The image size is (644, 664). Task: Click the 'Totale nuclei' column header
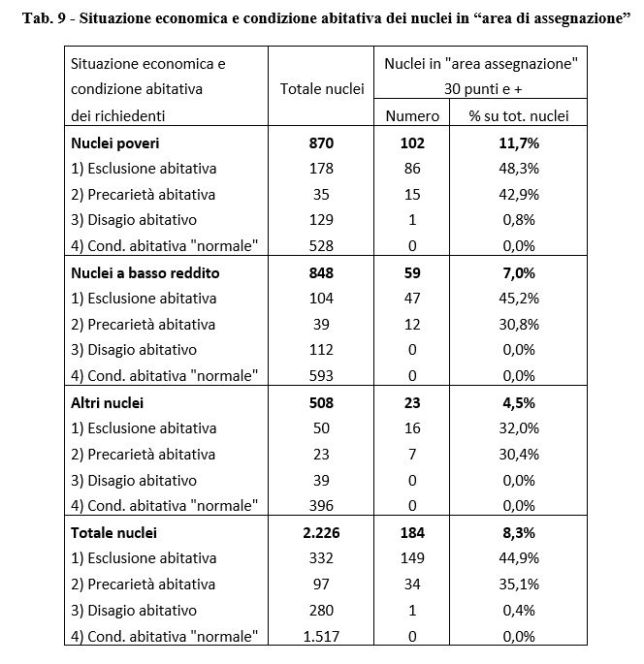click(x=321, y=89)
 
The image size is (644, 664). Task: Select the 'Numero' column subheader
click(x=412, y=115)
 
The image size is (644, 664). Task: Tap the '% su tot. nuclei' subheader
click(x=519, y=115)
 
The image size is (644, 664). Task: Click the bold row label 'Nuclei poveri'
click(x=115, y=142)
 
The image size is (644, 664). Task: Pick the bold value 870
click(x=321, y=142)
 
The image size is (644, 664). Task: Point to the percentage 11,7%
click(x=518, y=142)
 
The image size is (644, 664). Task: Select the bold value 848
click(x=321, y=272)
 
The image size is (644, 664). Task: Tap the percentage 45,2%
click(x=518, y=299)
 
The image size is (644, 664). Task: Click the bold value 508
click(x=321, y=402)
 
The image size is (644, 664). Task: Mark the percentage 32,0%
click(x=518, y=428)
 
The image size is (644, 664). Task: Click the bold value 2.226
click(x=321, y=532)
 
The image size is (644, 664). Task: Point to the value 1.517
click(x=321, y=636)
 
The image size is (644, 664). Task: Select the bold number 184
click(x=412, y=532)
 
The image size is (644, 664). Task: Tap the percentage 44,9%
click(x=518, y=558)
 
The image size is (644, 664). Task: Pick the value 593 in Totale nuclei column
click(x=321, y=376)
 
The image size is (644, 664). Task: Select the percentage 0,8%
click(x=518, y=220)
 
